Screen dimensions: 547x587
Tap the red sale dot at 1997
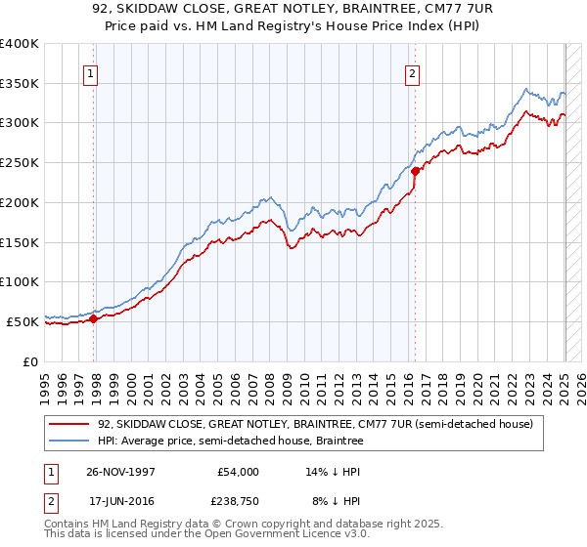(94, 318)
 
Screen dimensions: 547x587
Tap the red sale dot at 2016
(415, 171)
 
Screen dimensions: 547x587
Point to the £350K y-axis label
(20, 84)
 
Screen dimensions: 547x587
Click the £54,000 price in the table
(238, 471)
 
